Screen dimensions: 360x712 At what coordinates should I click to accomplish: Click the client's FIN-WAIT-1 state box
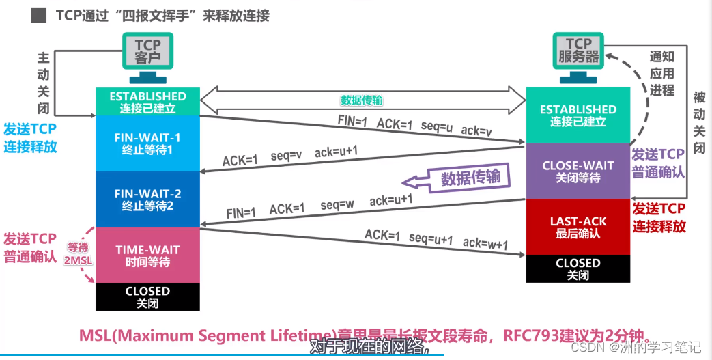[x=147, y=143]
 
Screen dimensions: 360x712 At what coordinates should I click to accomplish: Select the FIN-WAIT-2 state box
[x=147, y=199]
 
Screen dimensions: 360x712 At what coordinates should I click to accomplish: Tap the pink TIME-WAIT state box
[x=147, y=255]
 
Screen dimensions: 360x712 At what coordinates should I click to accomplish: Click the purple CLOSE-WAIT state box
[x=578, y=171]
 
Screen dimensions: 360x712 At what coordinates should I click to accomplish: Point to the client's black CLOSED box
[x=147, y=296]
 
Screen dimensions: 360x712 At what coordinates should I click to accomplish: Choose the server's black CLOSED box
[x=578, y=268]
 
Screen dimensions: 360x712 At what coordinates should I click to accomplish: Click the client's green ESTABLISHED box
[x=147, y=102]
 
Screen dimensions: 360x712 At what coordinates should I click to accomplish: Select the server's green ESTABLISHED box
[x=578, y=115]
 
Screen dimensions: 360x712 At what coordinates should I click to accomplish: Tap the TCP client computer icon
[x=147, y=53]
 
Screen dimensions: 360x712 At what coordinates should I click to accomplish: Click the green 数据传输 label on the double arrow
[x=362, y=100]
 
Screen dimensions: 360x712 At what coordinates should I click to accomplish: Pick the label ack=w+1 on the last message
[x=485, y=244]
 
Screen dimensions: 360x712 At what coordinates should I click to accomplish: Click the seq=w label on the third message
[x=337, y=204]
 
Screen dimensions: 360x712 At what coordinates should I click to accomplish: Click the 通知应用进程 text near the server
[x=661, y=73]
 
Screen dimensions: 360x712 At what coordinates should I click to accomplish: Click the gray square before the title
[x=39, y=15]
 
